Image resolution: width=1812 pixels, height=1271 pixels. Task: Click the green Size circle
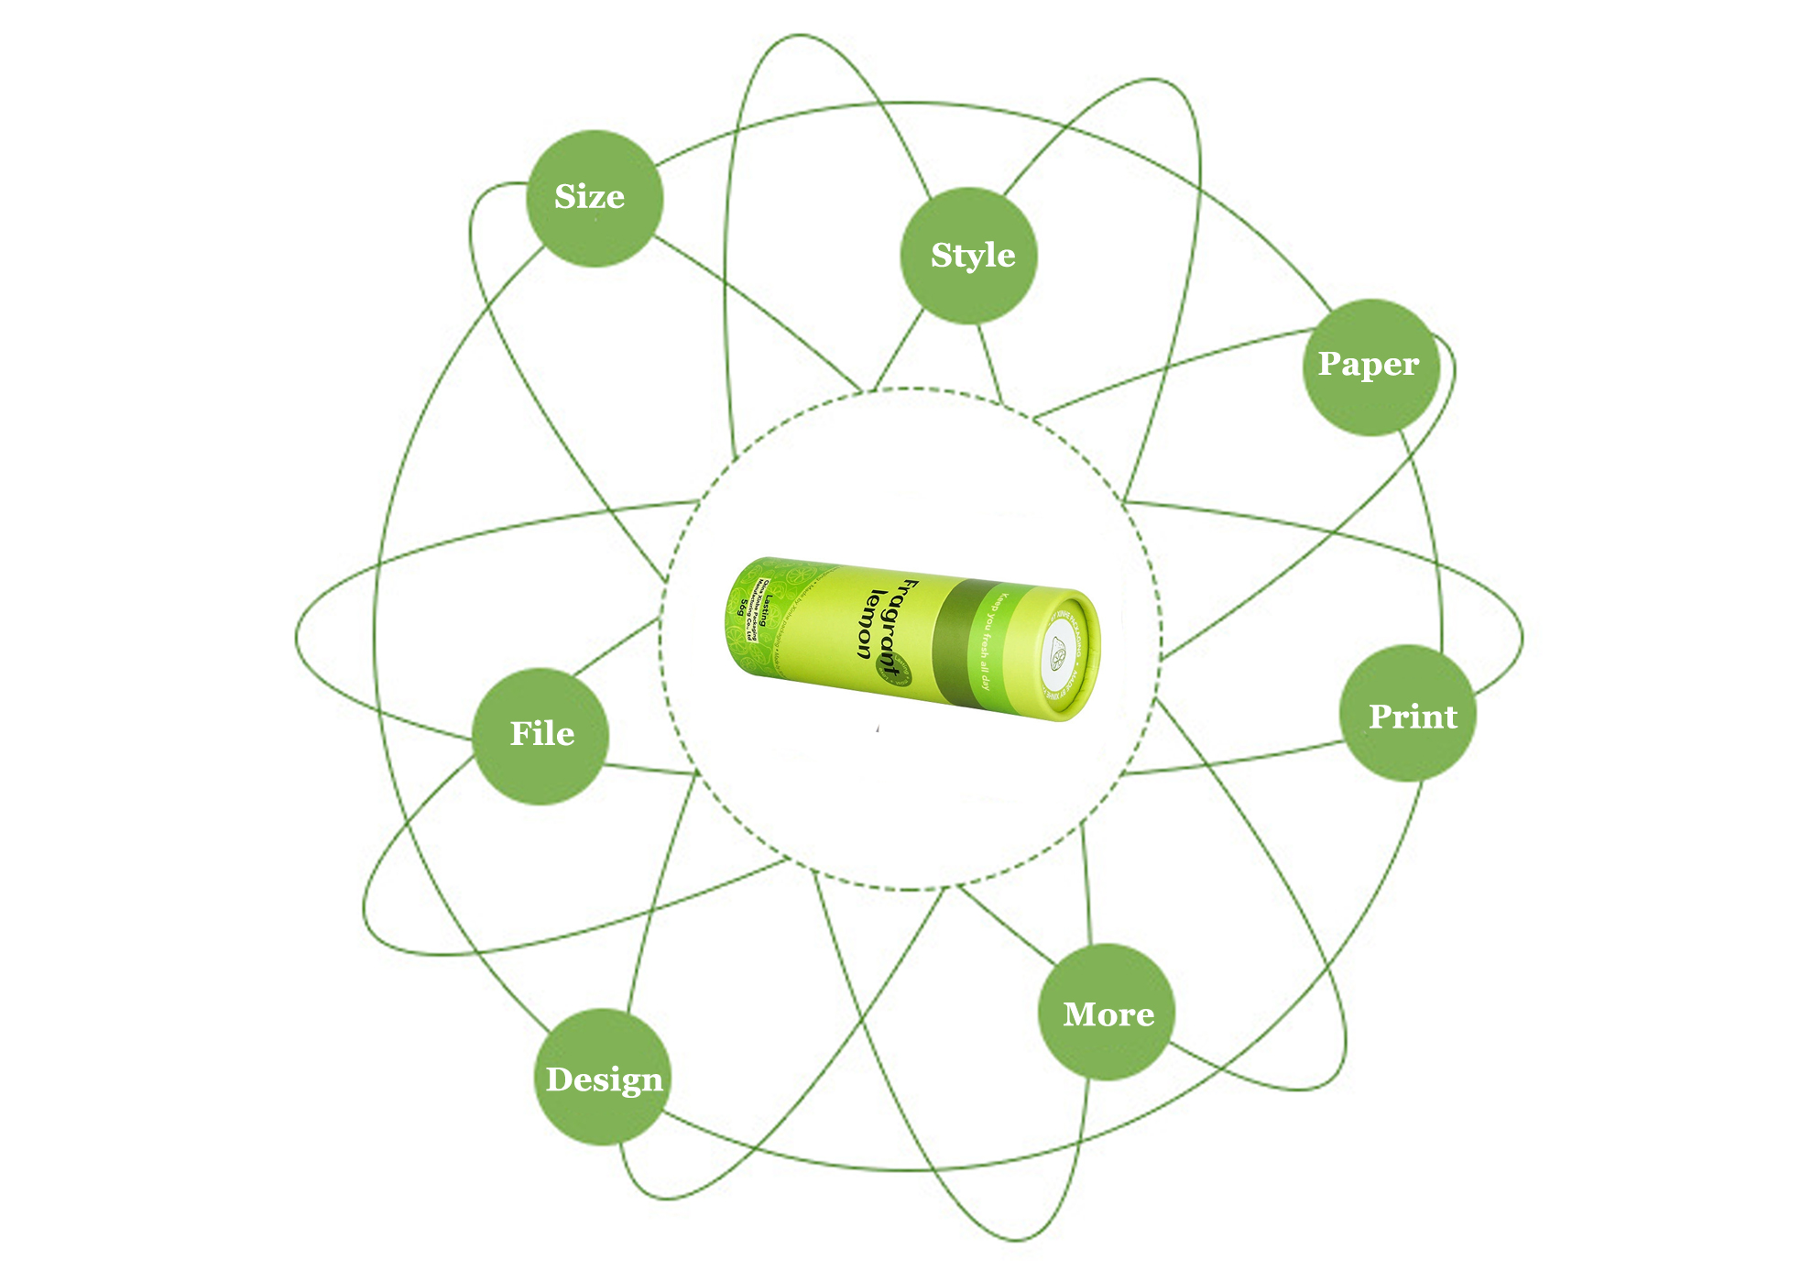pos(594,198)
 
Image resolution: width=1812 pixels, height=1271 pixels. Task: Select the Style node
pos(969,256)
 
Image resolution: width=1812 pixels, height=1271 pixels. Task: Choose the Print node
pos(1408,713)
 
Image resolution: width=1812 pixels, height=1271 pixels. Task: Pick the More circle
pos(1107,1012)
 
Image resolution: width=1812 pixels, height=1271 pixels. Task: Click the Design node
pos(603,1077)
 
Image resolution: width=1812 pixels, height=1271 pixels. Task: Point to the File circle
pos(540,736)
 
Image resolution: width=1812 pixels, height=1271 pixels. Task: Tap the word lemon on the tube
pos(868,623)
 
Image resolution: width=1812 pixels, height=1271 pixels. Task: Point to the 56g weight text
pos(743,607)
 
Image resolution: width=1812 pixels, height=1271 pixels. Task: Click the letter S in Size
pos(565,197)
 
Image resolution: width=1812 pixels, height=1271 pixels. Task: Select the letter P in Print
pos(1380,717)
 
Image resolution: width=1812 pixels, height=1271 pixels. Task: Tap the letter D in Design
pos(560,1079)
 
